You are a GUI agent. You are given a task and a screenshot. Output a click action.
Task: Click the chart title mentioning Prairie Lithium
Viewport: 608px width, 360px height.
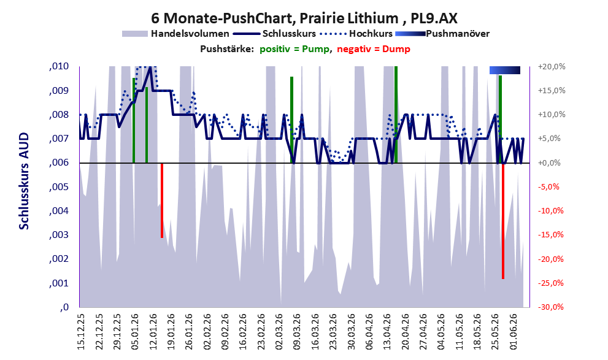(304, 18)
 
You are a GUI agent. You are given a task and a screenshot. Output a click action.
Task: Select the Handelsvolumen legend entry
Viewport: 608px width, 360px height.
(175, 34)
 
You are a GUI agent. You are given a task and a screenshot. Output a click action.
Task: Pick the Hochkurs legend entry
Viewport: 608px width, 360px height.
(356, 34)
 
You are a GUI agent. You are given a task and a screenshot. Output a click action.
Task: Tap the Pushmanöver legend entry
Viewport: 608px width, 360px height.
(442, 34)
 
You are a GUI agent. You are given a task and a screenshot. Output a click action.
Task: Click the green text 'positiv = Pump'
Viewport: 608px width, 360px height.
(295, 49)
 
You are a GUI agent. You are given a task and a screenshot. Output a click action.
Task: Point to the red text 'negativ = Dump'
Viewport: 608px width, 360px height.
(374, 49)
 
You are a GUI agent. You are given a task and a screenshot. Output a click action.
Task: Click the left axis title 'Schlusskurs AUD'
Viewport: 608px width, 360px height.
(24, 181)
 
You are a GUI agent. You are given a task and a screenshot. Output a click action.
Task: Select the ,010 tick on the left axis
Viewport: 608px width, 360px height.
(59, 66)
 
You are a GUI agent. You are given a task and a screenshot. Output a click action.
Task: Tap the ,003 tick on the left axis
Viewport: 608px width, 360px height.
(59, 235)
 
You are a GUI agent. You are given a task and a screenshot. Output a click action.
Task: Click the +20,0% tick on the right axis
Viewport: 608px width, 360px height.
(552, 67)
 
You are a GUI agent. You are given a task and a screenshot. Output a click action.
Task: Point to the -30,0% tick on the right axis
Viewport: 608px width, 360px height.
(551, 307)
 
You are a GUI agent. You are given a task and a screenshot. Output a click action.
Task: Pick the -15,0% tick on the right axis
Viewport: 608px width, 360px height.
(551, 235)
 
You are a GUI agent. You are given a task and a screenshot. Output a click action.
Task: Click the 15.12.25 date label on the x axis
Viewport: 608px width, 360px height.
(81, 332)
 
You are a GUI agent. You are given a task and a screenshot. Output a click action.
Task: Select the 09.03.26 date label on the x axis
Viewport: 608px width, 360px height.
(298, 332)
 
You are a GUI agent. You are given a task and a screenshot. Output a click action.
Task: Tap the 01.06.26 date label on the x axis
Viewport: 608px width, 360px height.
(514, 332)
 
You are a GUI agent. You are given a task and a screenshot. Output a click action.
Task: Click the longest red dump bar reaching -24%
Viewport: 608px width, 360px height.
(503, 221)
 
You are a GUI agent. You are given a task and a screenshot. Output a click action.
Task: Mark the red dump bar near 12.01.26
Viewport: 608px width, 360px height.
(162, 201)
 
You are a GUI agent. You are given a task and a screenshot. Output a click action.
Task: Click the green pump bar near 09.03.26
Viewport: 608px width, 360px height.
(291, 120)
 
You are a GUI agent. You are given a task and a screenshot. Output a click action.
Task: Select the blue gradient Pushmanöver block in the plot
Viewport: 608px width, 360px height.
(504, 70)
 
